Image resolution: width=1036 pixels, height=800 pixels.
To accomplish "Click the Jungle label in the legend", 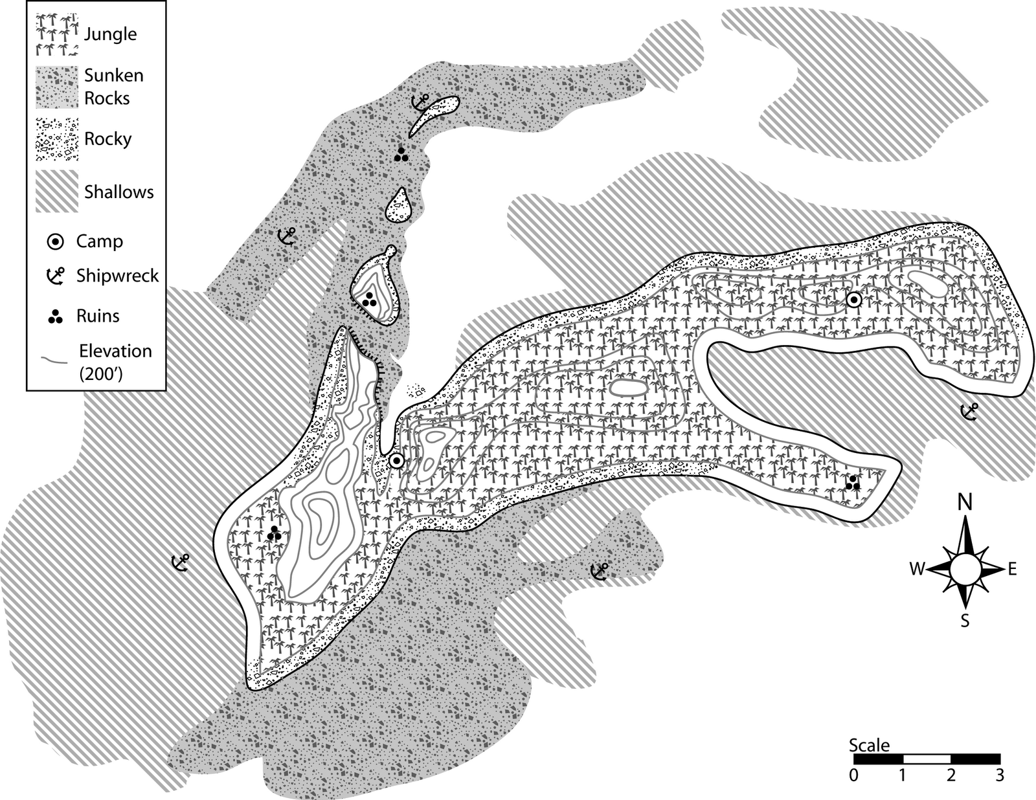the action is (x=110, y=34).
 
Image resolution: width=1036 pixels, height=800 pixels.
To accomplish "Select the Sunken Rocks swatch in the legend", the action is (x=57, y=87).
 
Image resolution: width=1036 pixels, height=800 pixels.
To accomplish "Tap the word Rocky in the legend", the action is (x=107, y=139).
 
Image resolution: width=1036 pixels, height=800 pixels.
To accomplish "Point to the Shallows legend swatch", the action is (x=57, y=191).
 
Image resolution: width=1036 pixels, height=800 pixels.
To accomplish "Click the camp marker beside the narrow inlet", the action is (x=396, y=461).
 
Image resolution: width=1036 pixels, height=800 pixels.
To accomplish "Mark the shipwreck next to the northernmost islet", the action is (x=421, y=102).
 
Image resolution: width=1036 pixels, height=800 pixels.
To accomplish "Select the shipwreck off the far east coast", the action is (x=969, y=411).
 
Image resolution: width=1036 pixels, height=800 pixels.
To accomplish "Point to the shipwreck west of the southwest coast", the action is (x=179, y=562).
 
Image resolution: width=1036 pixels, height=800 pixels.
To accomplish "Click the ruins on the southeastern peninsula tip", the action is (x=853, y=482).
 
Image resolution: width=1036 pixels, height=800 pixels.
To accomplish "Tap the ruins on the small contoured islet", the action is (x=369, y=298).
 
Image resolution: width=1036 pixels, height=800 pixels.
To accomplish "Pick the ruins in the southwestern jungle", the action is (x=275, y=533).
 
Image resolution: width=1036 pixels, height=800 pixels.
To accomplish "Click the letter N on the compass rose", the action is (x=965, y=502).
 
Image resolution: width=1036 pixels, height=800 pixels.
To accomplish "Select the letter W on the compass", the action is (x=917, y=569).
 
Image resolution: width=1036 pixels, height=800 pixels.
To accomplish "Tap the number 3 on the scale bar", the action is (x=999, y=774).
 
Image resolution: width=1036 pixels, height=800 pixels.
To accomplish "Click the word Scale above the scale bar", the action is (x=869, y=745).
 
